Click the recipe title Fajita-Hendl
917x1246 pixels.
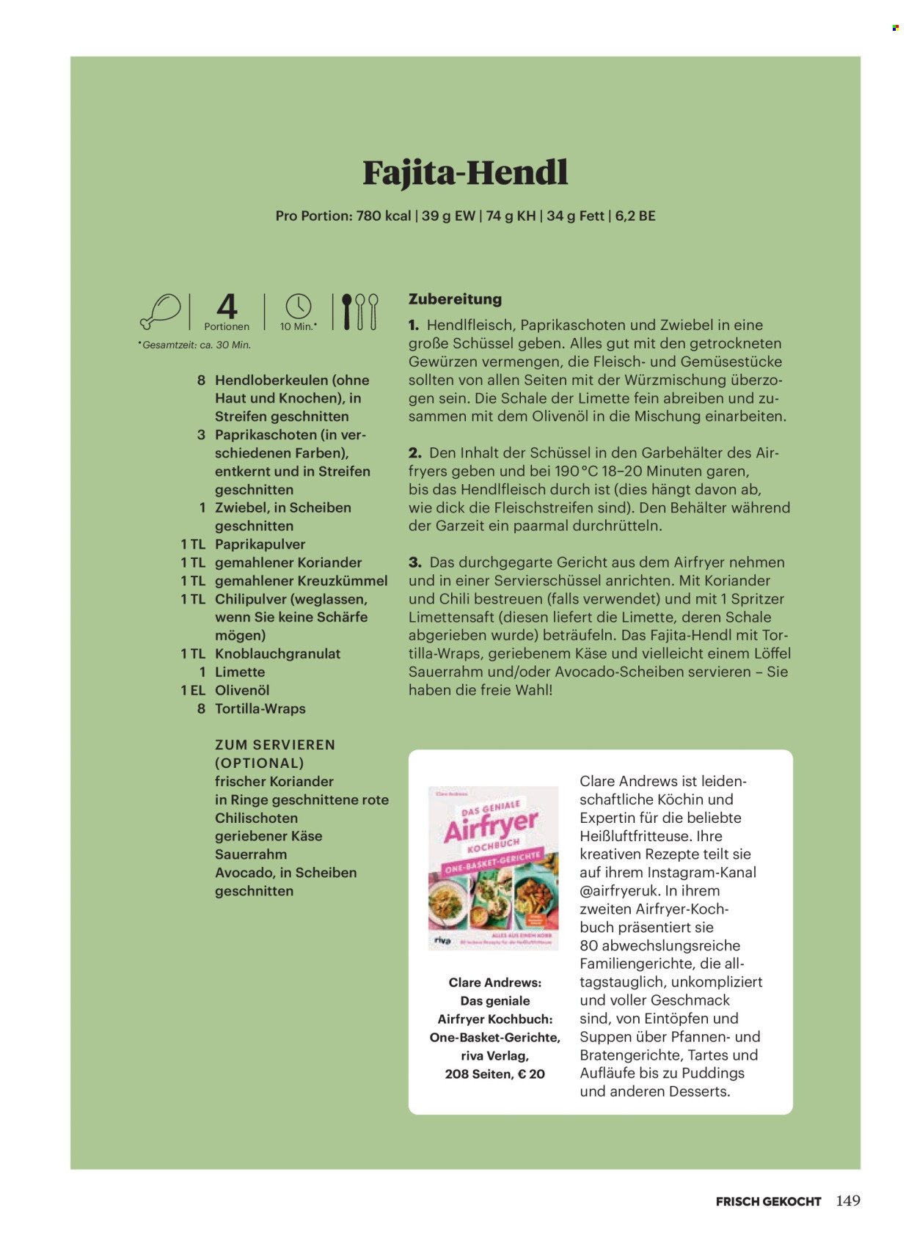tap(465, 173)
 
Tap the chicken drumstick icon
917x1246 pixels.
tap(161, 311)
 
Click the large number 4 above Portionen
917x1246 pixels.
tap(227, 307)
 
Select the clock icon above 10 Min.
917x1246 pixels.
tap(299, 307)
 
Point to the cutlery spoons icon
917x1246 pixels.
tap(359, 312)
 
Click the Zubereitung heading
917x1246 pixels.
tap(455, 299)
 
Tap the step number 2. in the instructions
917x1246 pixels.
tap(415, 453)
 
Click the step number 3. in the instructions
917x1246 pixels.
tap(415, 562)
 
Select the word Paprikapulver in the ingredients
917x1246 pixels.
tap(260, 544)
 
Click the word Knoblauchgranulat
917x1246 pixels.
tap(277, 653)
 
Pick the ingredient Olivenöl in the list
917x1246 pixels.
tap(242, 690)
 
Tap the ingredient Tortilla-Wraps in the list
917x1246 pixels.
tap(260, 708)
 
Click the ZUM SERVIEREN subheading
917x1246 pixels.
tap(275, 745)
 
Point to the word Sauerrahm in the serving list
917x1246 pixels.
tap(251, 854)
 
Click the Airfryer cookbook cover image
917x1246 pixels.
tap(493, 868)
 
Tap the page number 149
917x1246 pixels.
tap(847, 1201)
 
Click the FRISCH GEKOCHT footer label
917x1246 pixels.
tap(768, 1201)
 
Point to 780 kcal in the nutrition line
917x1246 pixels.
tap(383, 216)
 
